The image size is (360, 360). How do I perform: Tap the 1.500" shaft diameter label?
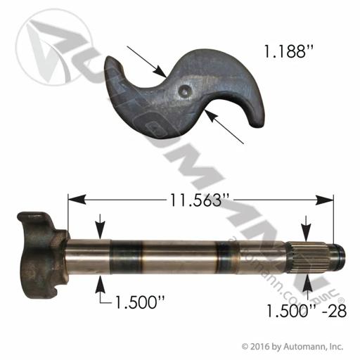tap(140, 302)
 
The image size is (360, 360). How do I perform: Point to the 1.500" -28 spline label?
tap(307, 311)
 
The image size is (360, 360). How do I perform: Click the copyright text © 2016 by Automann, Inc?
tap(292, 347)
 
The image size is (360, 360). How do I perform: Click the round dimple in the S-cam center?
tap(185, 90)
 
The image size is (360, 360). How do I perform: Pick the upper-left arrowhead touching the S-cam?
tap(160, 71)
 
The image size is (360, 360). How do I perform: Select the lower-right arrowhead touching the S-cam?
tap(211, 116)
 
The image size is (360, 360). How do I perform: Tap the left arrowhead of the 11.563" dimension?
tap(77, 200)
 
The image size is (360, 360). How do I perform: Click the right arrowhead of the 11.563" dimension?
tap(324, 200)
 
